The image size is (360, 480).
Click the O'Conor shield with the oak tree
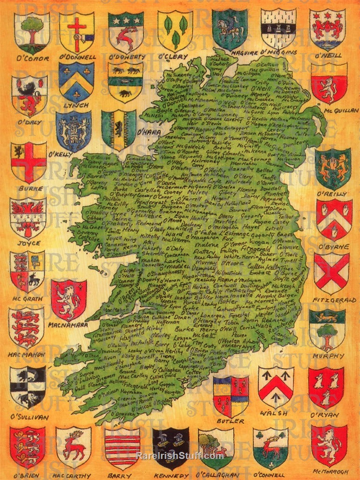click(x=31, y=32)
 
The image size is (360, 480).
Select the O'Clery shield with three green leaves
click(x=175, y=31)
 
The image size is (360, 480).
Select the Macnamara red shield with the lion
click(x=69, y=300)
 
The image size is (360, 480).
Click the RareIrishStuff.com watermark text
click(x=180, y=456)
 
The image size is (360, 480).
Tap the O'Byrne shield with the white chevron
click(x=334, y=220)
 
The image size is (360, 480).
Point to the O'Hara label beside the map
click(x=149, y=132)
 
